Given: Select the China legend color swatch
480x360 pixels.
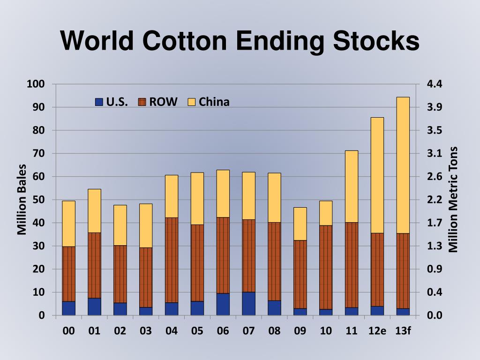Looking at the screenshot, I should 192,102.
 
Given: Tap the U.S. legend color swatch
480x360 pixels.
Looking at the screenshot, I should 99,102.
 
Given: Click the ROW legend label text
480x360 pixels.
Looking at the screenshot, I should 163,102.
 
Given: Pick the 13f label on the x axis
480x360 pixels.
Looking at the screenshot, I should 403,331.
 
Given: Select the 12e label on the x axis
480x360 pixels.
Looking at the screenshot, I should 377,331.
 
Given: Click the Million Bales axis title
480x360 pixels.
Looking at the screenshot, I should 22,199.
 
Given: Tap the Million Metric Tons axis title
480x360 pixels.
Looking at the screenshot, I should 453,199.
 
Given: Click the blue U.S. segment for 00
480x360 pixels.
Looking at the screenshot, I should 69,308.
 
